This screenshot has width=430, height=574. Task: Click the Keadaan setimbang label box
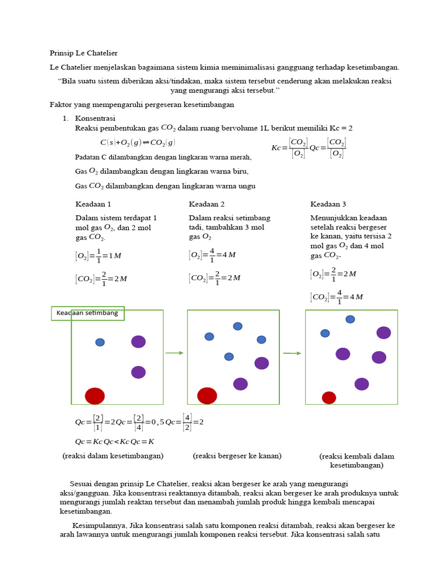coord(87,313)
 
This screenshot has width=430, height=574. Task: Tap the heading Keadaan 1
coord(93,204)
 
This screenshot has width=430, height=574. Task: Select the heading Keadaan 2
coord(207,204)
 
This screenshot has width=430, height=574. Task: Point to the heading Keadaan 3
coord(328,204)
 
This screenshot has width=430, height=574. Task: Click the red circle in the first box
coord(95,396)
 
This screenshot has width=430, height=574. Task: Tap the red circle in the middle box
coord(207,395)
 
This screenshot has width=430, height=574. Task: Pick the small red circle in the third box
coord(329,397)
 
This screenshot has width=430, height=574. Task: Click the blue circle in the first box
coord(100,342)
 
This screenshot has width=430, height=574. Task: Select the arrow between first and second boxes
coord(175,353)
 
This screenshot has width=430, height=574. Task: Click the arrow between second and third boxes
coord(292,353)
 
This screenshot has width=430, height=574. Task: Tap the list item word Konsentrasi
coord(95,118)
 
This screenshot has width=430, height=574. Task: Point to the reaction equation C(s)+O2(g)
coord(138,142)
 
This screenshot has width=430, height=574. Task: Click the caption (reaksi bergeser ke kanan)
coord(237,456)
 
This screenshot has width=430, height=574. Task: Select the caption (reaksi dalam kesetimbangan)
coord(113,456)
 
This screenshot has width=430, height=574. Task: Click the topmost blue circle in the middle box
coord(238,326)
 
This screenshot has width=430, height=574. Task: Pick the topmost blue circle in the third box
coord(350,320)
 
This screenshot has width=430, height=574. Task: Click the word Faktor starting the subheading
coord(60,104)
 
